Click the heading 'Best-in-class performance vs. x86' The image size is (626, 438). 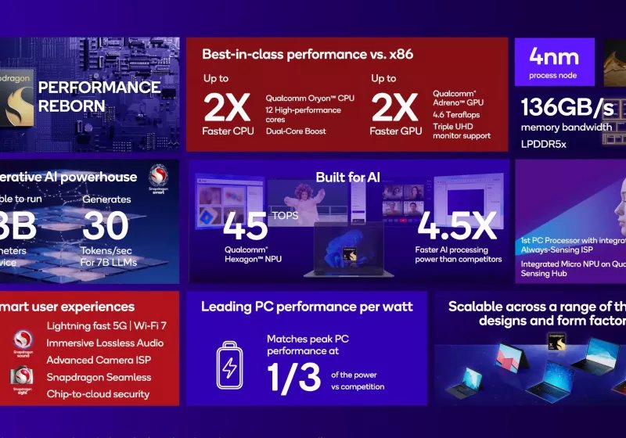pos(307,55)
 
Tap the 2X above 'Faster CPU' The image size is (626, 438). pos(227,106)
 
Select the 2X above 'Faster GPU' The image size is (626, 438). pos(396,106)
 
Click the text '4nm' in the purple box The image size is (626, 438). pos(553,57)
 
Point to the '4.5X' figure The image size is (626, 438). pos(456,225)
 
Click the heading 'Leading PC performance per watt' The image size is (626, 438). pos(307,307)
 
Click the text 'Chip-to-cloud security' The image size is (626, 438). pos(98,393)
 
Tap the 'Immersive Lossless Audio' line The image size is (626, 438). pos(105,343)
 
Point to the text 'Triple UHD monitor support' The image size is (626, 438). pos(462,131)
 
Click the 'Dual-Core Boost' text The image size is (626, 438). pos(297,131)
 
